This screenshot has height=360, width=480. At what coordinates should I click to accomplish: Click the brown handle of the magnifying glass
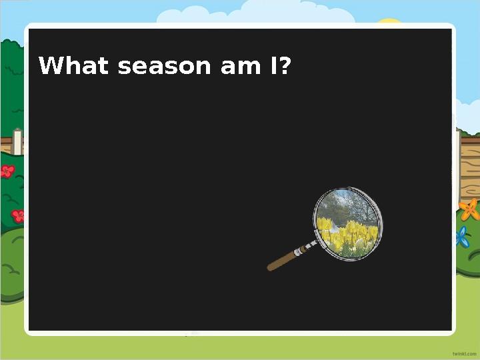(x=283, y=259)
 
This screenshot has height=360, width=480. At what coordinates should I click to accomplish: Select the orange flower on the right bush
(x=469, y=210)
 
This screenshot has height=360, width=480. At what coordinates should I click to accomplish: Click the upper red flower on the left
(x=7, y=172)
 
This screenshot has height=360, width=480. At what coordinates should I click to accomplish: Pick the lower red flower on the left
(x=18, y=215)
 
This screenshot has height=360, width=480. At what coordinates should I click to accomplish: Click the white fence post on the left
(x=18, y=141)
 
